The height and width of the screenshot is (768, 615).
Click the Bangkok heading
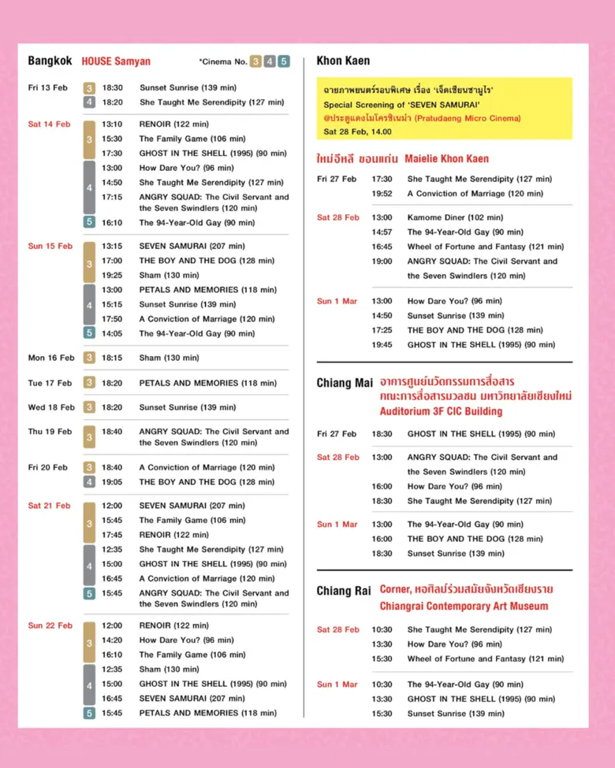(50, 61)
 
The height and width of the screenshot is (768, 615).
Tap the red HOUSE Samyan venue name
(116, 61)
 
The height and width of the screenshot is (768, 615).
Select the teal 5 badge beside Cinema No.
(283, 61)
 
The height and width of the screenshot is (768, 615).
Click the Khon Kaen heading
(343, 61)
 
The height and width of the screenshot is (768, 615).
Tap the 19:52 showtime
(382, 193)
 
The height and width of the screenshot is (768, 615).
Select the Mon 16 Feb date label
(51, 358)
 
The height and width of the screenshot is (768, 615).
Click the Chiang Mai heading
(345, 383)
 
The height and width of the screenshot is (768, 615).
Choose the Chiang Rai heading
(344, 591)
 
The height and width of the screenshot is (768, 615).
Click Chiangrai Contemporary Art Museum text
(464, 606)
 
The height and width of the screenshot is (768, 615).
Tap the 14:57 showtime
(382, 232)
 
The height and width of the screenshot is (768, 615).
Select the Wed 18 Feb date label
(51, 407)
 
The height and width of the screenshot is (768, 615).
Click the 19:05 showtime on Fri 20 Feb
(113, 482)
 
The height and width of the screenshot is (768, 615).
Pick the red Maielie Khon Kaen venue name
(446, 158)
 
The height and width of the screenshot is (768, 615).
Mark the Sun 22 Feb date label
(50, 625)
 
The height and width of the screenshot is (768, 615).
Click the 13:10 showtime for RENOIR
(113, 124)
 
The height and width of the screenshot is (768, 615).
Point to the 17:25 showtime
(382, 330)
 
